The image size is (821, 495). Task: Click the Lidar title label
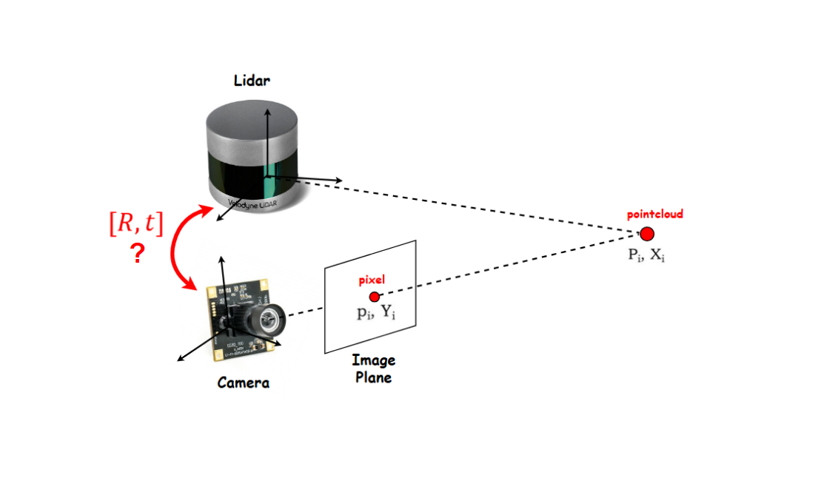click(252, 81)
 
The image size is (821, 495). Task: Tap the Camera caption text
click(243, 383)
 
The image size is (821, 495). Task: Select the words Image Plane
click(373, 368)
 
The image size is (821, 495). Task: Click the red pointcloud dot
click(646, 234)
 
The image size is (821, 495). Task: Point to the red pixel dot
click(374, 296)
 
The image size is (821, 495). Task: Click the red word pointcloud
click(654, 215)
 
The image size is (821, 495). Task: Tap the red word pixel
click(372, 280)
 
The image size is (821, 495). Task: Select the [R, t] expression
click(135, 223)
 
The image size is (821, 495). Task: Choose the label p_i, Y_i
click(376, 313)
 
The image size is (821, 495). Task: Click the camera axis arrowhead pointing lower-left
click(178, 360)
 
